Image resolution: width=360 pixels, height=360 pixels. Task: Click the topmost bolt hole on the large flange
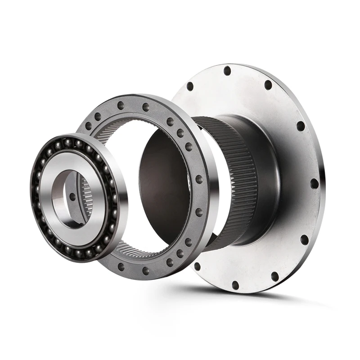pos(227,71)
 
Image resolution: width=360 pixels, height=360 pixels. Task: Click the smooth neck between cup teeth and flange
pos(265,180)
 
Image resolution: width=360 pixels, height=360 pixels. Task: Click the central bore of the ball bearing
pos(72,198)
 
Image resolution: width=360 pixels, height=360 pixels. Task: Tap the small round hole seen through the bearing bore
pos(72,196)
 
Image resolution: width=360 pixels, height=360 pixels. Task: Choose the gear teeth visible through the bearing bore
pos(86,198)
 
